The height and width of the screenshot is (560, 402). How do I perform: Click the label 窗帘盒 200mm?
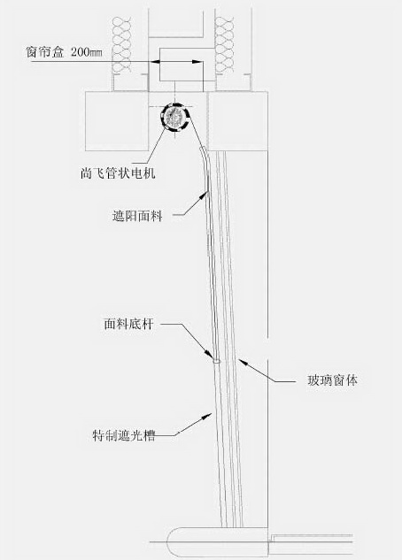click(65, 52)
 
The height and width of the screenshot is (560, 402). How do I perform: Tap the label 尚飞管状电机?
click(118, 173)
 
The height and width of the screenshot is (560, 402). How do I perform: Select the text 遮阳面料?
click(137, 216)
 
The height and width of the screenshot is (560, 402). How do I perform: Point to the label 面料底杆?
click(128, 324)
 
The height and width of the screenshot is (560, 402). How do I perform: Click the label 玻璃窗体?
click(332, 380)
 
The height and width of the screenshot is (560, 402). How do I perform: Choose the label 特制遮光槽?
click(124, 435)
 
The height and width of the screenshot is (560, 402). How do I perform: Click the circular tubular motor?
click(174, 116)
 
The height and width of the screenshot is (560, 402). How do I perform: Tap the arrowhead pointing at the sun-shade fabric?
click(205, 196)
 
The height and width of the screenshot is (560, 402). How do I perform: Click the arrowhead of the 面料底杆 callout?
click(210, 353)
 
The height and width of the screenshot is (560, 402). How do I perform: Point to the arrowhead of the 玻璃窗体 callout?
click(243, 363)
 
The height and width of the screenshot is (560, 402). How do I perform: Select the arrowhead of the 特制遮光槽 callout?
click(207, 416)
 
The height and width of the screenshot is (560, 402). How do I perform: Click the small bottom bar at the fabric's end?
click(217, 362)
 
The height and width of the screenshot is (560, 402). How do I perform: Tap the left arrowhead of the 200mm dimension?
click(155, 62)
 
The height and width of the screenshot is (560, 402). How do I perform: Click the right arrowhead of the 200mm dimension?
click(197, 62)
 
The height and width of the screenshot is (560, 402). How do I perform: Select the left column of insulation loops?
click(121, 44)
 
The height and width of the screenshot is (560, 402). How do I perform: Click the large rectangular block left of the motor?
click(117, 120)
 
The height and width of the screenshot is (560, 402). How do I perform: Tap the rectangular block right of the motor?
click(238, 120)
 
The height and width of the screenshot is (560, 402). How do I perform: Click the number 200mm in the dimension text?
click(87, 52)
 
